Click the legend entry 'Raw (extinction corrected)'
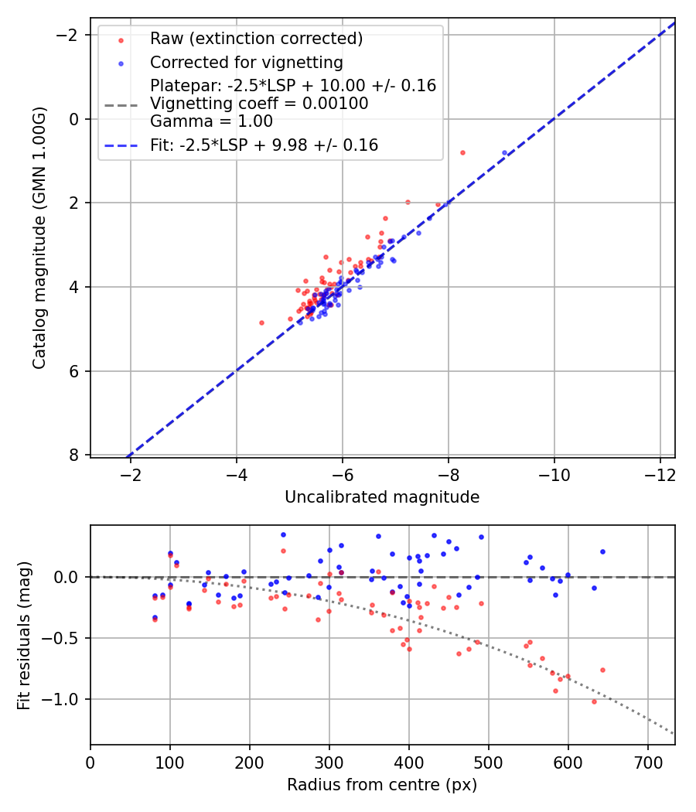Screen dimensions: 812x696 coord(256,38)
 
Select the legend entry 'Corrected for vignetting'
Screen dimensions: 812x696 coord(247,62)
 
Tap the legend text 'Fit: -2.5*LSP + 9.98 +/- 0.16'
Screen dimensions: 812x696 coord(264,145)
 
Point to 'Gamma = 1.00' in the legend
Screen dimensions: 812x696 coord(211,121)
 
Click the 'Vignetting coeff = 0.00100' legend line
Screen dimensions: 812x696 coord(259,104)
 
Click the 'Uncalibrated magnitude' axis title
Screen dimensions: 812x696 coord(382,497)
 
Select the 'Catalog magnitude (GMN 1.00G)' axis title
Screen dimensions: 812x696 coord(40,237)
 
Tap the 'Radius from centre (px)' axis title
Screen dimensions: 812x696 coord(382,785)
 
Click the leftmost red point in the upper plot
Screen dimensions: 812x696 coord(261,322)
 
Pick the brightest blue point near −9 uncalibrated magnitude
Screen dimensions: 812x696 coord(504,153)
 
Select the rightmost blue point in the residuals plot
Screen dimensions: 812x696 coord(602,551)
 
